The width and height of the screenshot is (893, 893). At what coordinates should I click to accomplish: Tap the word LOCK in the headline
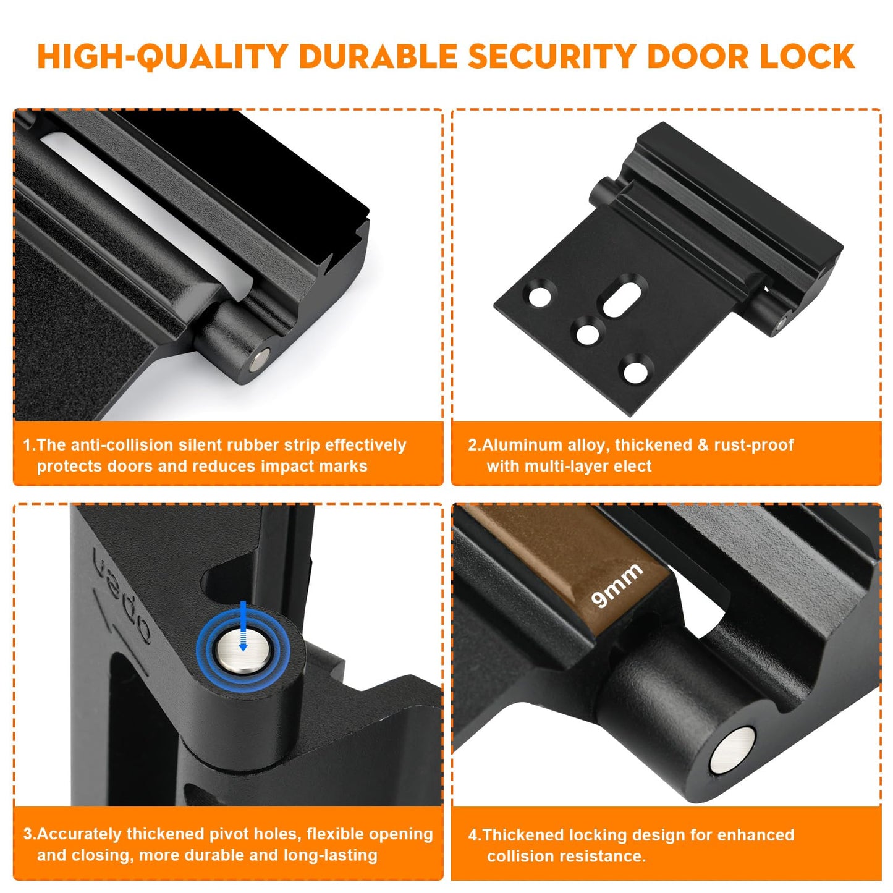click(807, 57)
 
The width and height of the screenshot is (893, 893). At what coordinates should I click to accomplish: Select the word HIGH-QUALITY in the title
click(162, 57)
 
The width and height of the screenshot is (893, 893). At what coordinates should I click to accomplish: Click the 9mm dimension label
click(617, 585)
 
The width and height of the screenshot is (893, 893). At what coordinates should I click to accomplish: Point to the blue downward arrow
click(243, 624)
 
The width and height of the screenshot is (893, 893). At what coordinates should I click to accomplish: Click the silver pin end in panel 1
click(261, 360)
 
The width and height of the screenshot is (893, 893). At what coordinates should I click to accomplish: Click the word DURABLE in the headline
click(378, 57)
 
